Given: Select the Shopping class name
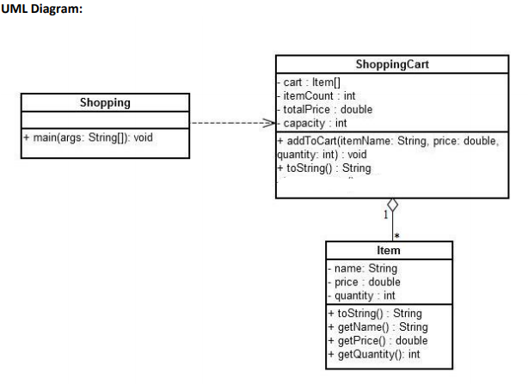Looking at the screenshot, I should coord(105,103).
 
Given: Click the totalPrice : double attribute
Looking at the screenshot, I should coord(326,109).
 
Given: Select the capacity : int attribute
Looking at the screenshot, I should coord(316,123).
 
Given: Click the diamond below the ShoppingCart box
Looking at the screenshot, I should coord(392,206).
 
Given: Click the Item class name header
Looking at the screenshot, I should coord(389,250).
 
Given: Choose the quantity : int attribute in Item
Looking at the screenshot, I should coord(363,296).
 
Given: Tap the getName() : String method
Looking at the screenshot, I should coord(379,327).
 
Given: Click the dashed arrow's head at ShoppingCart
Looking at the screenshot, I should coord(269,123).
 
